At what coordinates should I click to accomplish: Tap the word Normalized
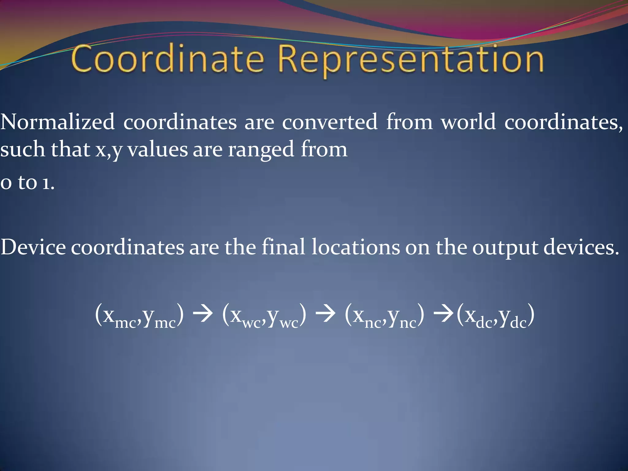pos(57,122)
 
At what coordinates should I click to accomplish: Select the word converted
pos(330,122)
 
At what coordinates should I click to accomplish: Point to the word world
pos(468,122)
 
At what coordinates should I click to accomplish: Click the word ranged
pos(261,150)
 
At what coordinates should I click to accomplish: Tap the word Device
pos(33,247)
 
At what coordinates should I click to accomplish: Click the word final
pos(283,247)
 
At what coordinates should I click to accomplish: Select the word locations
pos(356,247)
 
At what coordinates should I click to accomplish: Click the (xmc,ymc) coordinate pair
pos(140,316)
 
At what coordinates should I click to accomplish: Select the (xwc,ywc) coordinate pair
pos(264,316)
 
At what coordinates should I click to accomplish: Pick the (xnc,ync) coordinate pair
pos(385,316)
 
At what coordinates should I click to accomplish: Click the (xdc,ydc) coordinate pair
pos(496,316)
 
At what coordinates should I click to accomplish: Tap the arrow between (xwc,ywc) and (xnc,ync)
pos(325,314)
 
